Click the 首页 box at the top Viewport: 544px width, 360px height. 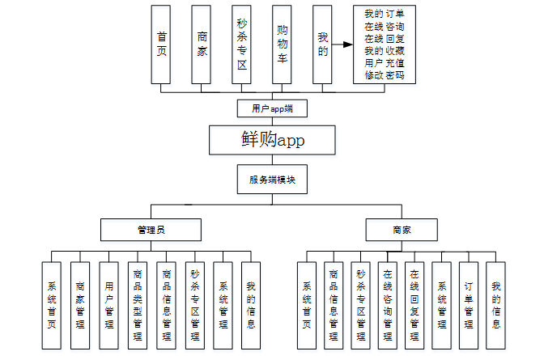tap(161, 44)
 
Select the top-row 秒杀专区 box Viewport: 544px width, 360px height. tap(241, 44)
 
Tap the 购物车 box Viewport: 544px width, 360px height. tap(282, 44)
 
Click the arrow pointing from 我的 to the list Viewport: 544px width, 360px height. tap(345, 44)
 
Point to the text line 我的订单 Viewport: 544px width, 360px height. tap(385, 14)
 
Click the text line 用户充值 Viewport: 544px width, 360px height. tap(385, 63)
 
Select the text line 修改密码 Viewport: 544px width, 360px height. tap(385, 75)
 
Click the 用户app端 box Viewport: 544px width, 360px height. tap(272, 108)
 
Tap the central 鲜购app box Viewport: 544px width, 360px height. tap(272, 139)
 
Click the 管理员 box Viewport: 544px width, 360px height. tap(151, 230)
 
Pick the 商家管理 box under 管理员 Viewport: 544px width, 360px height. tap(80, 305)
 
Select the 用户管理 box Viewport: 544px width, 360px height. tap(108, 305)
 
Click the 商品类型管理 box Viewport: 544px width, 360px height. tap(137, 305)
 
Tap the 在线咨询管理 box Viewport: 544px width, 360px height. tap(388, 305)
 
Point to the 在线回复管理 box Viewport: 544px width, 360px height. tap(414, 305)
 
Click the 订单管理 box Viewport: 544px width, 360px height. tap(469, 305)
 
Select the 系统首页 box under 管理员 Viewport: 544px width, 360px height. tap(52, 305)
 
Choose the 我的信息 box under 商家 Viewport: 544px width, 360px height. tap(495, 305)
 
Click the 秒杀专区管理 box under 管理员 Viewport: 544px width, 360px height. tap(194, 305)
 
